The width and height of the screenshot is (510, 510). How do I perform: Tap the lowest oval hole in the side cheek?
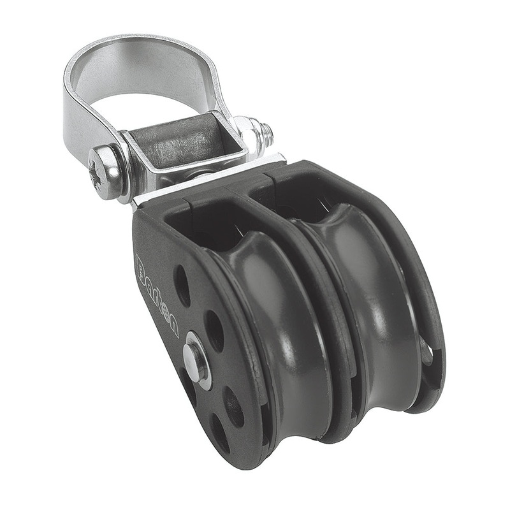[x=220, y=433]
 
